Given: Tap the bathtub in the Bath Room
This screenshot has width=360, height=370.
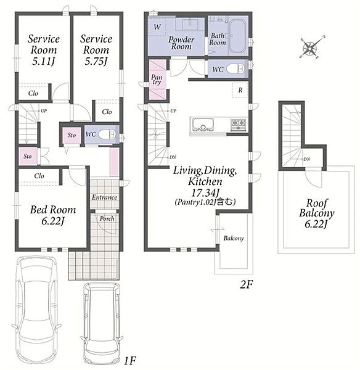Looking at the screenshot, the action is pyautogui.click(x=237, y=36).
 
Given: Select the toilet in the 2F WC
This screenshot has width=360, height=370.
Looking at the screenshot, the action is pyautogui.click(x=235, y=69).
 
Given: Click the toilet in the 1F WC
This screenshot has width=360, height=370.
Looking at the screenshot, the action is pyautogui.click(x=107, y=134).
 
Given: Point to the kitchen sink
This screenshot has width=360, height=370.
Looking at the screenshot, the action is pyautogui.click(x=202, y=125).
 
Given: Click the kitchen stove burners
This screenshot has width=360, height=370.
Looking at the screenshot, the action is pyautogui.click(x=238, y=125).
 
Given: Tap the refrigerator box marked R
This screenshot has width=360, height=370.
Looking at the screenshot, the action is pyautogui.click(x=240, y=90).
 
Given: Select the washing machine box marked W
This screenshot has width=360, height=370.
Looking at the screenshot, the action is pyautogui.click(x=157, y=27).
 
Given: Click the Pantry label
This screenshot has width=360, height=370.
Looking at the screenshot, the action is pyautogui.click(x=157, y=80).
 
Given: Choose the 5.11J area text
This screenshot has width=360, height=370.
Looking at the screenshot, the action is pyautogui.click(x=43, y=61).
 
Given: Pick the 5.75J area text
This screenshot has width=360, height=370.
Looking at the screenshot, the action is pyautogui.click(x=96, y=61).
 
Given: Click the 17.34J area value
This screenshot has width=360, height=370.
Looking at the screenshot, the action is pyautogui.click(x=204, y=193).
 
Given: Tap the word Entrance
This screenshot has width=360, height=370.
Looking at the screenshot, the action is pyautogui.click(x=105, y=197).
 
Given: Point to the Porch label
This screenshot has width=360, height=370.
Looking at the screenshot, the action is pyautogui.click(x=107, y=219).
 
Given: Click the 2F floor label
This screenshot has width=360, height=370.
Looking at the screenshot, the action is pyautogui.click(x=246, y=285).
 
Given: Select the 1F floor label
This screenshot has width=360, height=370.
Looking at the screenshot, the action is pyautogui.click(x=130, y=360).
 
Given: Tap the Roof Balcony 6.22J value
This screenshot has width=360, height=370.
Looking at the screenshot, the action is pyautogui.click(x=316, y=224).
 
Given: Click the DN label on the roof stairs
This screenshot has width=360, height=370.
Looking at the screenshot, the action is pyautogui.click(x=307, y=159).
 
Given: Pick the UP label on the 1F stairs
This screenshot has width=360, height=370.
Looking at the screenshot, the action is pyautogui.click(x=44, y=110).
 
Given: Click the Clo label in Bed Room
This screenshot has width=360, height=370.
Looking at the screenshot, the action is pyautogui.click(x=39, y=176).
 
